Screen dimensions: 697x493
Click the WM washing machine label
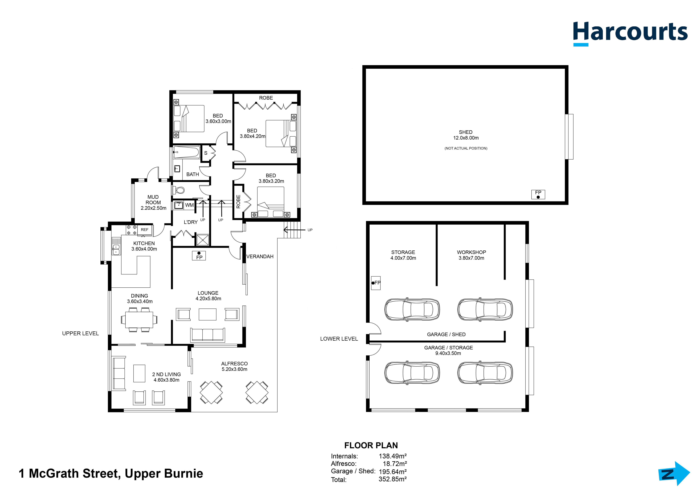pos(189,205)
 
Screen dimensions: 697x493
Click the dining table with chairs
pos(139,320)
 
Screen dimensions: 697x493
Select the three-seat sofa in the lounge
pos(208,335)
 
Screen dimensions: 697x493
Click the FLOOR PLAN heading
pos(371,446)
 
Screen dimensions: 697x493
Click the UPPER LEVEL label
pos(80,333)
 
